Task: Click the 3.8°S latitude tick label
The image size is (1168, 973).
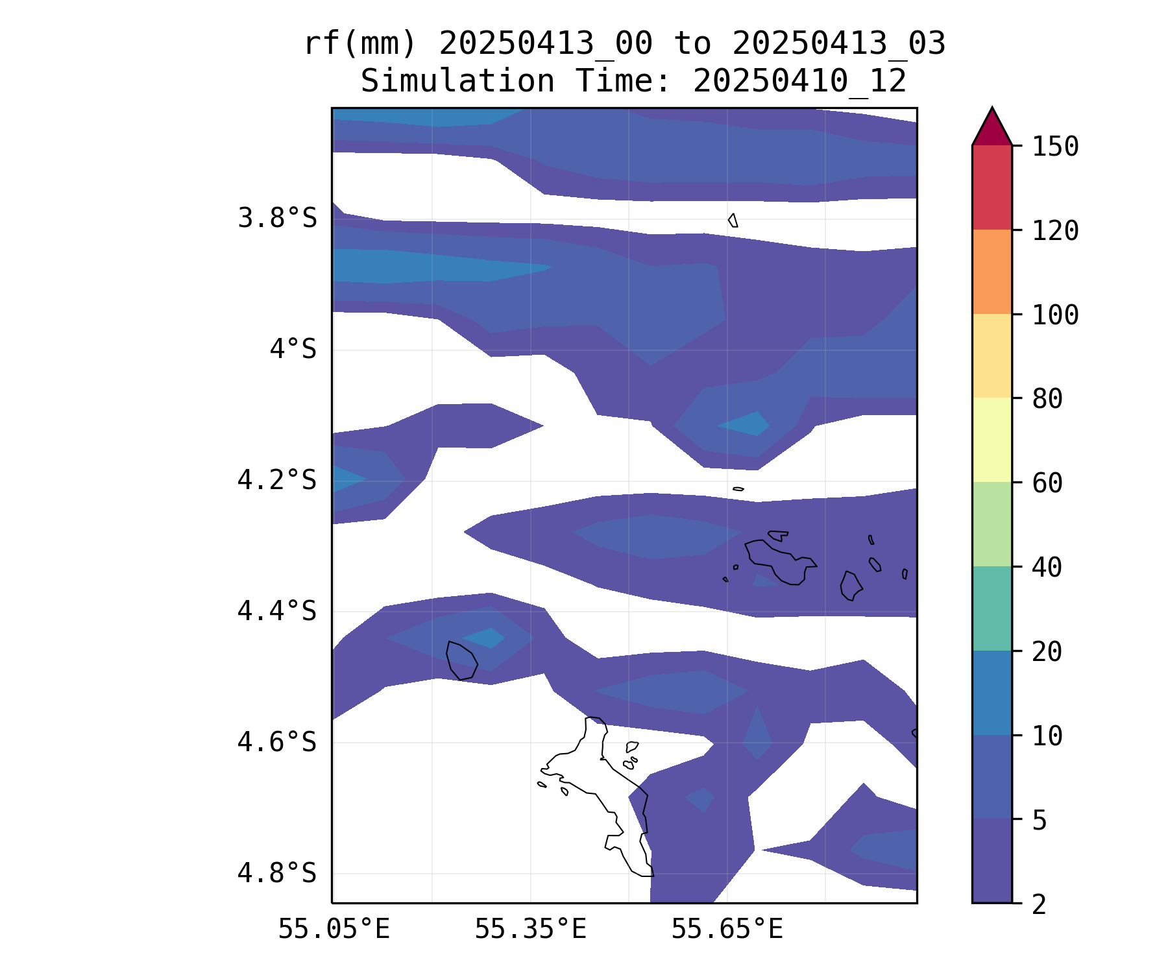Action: point(277,219)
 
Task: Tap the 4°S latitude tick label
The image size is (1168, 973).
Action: point(293,350)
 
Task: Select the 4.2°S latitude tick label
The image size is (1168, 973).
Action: point(277,481)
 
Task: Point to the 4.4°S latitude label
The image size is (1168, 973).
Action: point(277,611)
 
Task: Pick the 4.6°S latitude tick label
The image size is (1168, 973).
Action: point(277,742)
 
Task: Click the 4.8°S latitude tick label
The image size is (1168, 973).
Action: point(277,873)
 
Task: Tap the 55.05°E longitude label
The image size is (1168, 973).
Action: point(334,930)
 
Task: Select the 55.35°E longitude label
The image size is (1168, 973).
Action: point(530,930)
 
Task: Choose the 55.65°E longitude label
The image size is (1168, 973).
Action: point(727,930)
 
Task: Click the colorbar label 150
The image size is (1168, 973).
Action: point(1055,147)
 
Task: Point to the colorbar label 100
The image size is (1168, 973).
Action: point(1055,315)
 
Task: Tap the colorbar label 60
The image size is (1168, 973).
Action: point(1047,483)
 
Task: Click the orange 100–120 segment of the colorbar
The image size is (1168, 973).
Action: point(992,272)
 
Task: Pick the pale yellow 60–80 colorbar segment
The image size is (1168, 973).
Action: point(992,440)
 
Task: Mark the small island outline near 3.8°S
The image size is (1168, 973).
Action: point(733,221)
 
